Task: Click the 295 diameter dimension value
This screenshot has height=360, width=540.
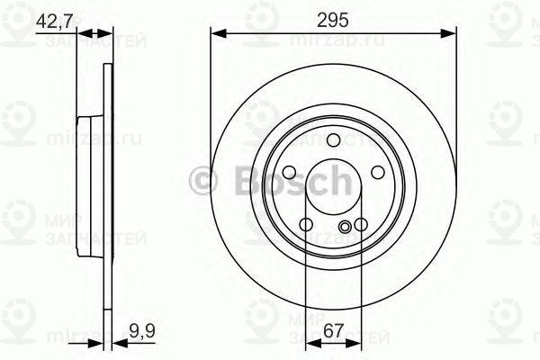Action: click(x=332, y=18)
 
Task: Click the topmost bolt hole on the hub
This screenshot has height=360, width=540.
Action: click(x=332, y=139)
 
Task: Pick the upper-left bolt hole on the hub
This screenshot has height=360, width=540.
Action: click(x=289, y=173)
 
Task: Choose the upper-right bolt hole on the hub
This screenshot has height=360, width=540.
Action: click(x=376, y=173)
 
